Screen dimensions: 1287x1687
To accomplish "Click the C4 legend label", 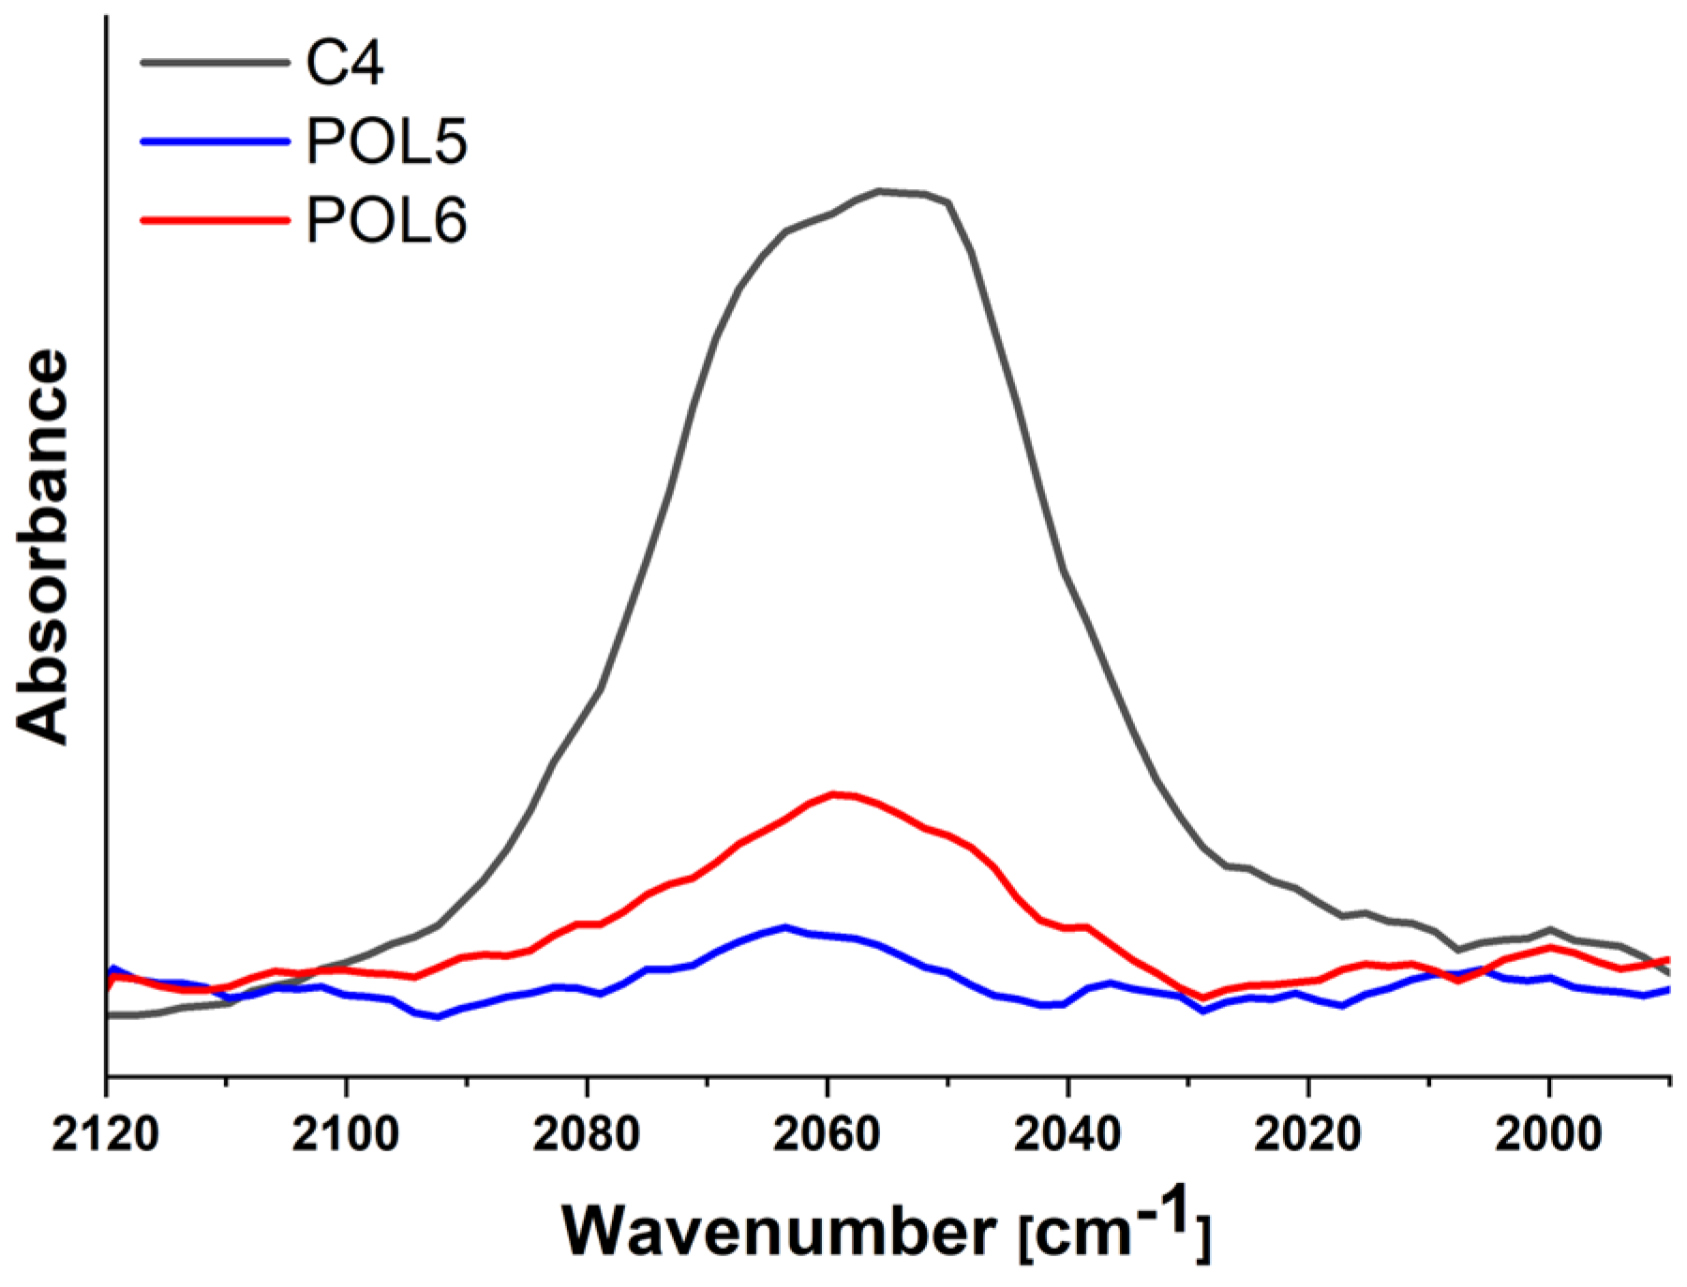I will tap(344, 64).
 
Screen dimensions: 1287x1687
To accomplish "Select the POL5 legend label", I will tap(386, 142).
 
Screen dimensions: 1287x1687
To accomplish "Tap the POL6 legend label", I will tap(386, 221).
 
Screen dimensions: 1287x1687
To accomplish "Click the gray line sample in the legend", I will tap(215, 63).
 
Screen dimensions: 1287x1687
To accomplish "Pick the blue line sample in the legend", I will tap(215, 141).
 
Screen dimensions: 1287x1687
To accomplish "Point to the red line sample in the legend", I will tap(215, 220).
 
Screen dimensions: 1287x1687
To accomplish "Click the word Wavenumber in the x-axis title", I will tap(779, 1231).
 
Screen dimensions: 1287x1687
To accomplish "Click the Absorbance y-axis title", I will tap(43, 547).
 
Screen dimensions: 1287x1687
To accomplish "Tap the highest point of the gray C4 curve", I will tap(881, 191).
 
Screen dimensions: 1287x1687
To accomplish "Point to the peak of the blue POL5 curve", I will tap(785, 926).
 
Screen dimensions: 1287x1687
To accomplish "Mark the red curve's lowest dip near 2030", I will tap(1203, 997).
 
